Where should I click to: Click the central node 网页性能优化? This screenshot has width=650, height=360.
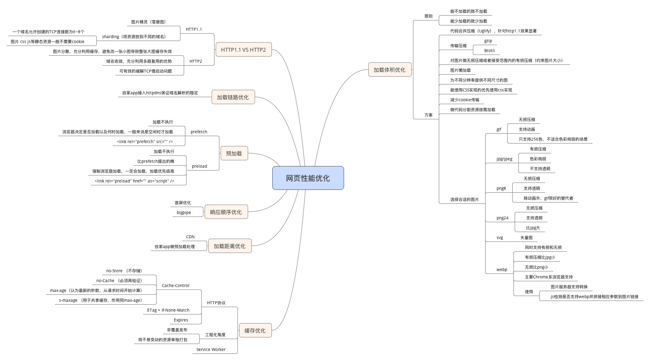[x=308, y=178]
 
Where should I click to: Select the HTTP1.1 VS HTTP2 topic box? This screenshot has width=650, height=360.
[x=243, y=50]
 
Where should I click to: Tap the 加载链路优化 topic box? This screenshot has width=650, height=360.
[x=233, y=97]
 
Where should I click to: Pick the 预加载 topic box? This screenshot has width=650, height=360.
[x=234, y=153]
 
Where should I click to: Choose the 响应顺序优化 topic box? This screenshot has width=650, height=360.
[x=226, y=212]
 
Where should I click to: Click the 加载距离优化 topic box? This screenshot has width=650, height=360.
[x=229, y=246]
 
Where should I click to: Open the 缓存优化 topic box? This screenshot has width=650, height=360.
[x=255, y=330]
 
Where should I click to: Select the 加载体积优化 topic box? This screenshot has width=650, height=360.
[x=389, y=70]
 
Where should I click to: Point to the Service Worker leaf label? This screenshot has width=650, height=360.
[x=211, y=350]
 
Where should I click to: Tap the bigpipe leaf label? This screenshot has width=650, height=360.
[x=184, y=213]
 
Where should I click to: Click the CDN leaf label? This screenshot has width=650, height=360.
[x=190, y=237]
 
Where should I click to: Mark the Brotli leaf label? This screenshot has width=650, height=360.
[x=490, y=51]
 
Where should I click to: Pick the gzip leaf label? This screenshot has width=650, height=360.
[x=488, y=41]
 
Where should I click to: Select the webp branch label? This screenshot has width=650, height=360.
[x=502, y=270]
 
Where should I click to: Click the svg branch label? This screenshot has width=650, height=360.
[x=499, y=238]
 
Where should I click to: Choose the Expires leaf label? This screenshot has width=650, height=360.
[x=181, y=320]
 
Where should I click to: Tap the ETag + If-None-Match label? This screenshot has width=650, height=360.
[x=168, y=310]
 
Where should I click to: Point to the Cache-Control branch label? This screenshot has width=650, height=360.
[x=176, y=286]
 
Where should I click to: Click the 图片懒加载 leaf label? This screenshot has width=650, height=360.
[x=460, y=71]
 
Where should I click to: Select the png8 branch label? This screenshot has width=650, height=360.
[x=501, y=189]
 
